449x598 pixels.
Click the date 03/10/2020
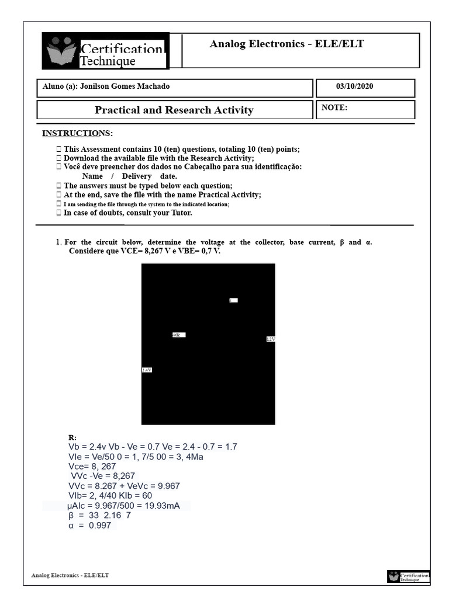tap(354, 86)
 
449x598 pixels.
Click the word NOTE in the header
tap(334, 107)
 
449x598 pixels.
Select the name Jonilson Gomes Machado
tap(125, 86)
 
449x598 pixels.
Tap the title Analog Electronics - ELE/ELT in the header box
tap(286, 44)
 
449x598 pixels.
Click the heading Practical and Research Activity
tap(174, 110)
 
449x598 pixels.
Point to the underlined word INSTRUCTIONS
tap(77, 133)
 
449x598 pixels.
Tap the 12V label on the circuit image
tap(271, 339)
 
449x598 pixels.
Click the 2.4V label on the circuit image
tap(147, 370)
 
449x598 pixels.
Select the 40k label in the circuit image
tap(178, 335)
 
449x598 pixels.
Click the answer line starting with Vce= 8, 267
tap(92, 467)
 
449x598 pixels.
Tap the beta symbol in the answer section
tap(71, 516)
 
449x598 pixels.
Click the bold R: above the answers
tap(72, 437)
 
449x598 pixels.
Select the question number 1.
tap(58, 242)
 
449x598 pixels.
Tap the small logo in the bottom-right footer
tap(408, 577)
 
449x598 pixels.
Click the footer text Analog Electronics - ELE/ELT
tap(70, 575)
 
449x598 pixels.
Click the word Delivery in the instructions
tap(136, 176)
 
